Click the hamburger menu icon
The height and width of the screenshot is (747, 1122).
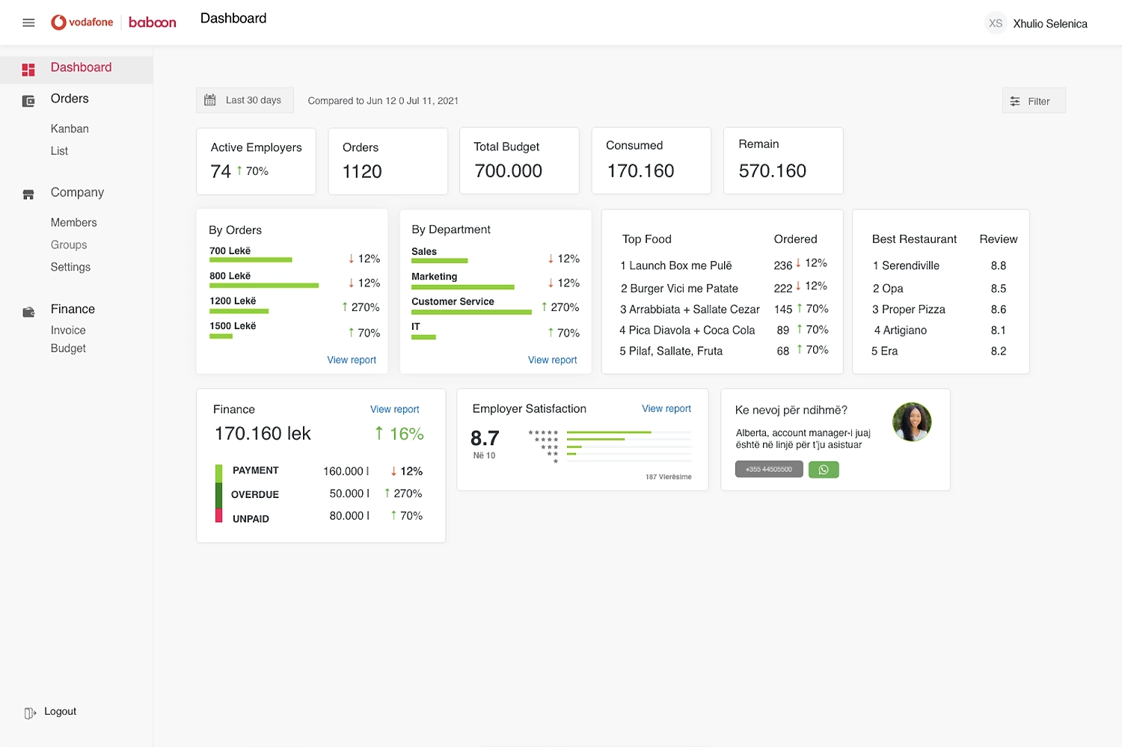coord(28,23)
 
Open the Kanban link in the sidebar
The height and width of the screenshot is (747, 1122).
coord(70,129)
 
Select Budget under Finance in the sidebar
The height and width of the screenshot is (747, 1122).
coord(68,348)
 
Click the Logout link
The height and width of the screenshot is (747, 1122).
coord(60,712)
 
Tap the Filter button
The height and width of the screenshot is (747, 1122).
coord(1033,101)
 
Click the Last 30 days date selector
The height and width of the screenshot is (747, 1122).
coord(245,100)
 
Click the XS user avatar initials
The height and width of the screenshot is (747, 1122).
coord(995,23)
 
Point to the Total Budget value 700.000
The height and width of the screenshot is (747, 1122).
coord(508,171)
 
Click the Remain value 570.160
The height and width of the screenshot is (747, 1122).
coord(772,171)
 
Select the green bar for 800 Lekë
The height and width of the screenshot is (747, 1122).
coord(264,286)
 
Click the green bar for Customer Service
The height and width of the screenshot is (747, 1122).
coord(471,312)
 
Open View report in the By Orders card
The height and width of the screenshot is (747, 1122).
coord(352,360)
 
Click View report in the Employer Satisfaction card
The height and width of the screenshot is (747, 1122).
coord(666,409)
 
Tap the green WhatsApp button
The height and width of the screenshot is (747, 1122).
coord(824,470)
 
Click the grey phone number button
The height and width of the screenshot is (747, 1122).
coord(769,470)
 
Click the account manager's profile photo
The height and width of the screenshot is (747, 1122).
coord(911,422)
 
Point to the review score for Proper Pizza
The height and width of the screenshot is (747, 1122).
coord(998,310)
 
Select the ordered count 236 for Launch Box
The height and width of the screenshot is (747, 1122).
coord(782,265)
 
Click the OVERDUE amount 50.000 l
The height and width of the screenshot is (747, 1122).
coord(349,494)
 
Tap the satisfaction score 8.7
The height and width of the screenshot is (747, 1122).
coord(485,438)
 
